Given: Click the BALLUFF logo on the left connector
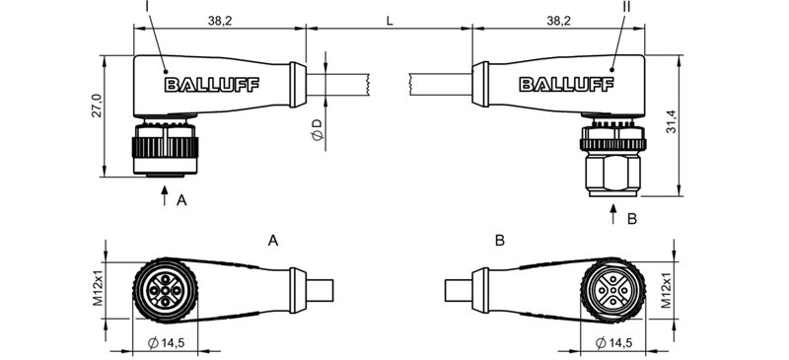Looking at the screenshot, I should click(211, 85).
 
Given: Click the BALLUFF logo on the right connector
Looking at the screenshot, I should click(564, 85).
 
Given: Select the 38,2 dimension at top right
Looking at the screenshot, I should click(557, 20).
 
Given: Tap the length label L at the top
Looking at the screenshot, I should click(391, 20).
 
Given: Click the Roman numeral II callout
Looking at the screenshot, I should click(626, 7).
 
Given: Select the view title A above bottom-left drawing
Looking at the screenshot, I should click(273, 240).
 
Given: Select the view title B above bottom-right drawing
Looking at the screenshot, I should click(500, 240).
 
